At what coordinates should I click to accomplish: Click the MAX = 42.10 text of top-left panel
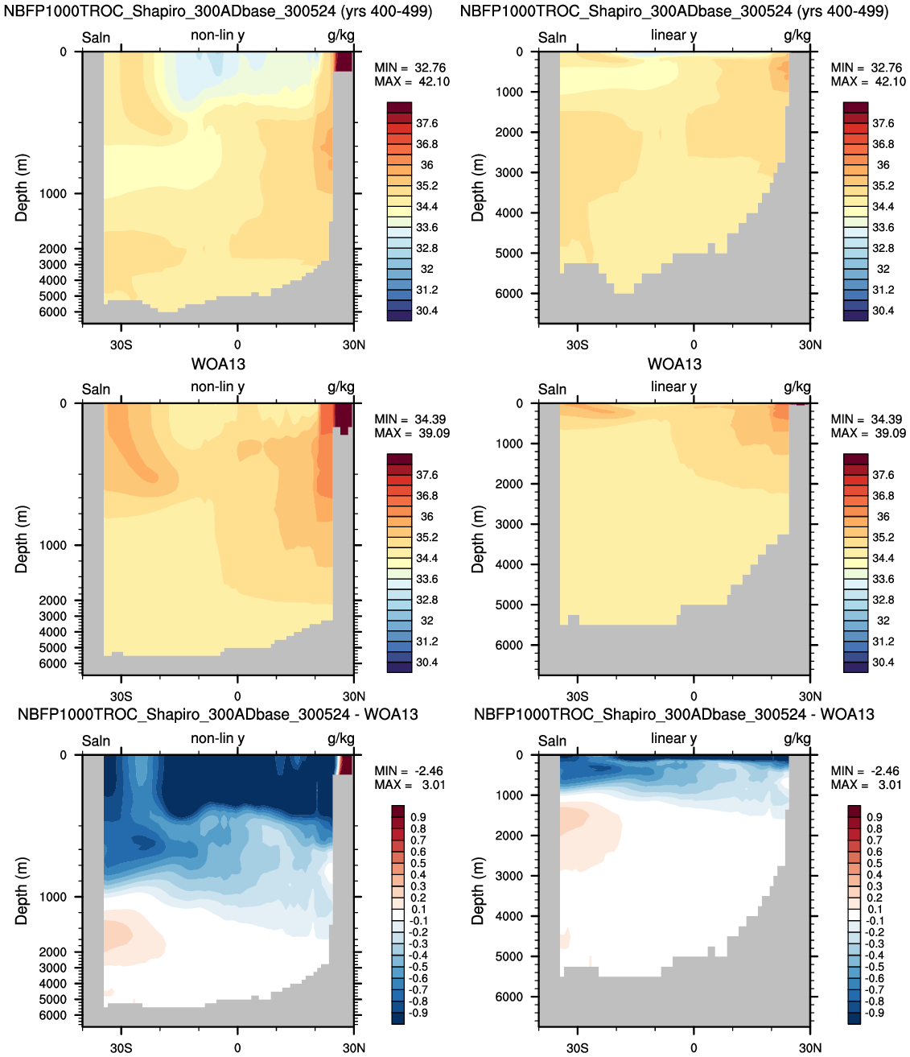pos(412,81)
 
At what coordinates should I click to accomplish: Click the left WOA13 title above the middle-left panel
pos(218,364)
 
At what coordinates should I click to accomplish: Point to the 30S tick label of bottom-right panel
pos(577,1047)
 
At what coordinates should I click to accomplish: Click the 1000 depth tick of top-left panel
pos(53,193)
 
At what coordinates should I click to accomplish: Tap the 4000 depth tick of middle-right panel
pos(509,564)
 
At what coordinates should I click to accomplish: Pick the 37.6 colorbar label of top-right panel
pos(883,123)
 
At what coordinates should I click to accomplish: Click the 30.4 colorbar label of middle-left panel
pos(426,663)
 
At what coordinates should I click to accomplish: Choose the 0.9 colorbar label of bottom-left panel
pos(418,817)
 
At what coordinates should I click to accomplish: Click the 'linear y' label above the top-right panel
pos(673,35)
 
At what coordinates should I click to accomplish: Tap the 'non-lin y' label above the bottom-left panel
pos(217,738)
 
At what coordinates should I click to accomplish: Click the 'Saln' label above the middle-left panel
pos(96,389)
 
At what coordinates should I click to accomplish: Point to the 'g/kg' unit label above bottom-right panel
pos(797,738)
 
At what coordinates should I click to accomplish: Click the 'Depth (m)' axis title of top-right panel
pos(478,188)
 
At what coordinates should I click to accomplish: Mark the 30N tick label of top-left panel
pos(353,345)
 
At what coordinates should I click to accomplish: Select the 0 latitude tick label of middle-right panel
pos(694,696)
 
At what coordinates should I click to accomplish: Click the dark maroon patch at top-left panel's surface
pos(344,61)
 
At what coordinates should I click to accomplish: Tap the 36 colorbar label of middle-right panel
pos(883,516)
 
